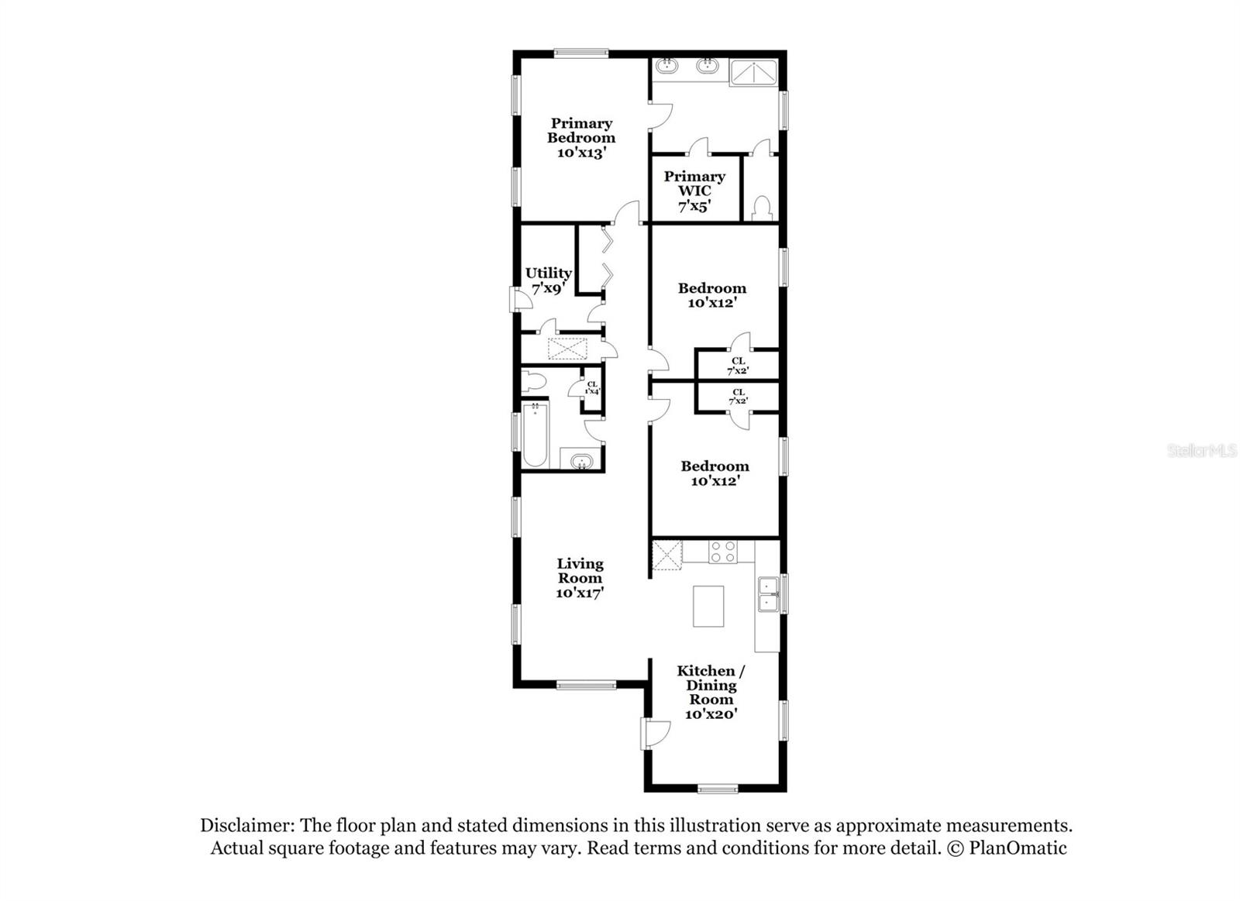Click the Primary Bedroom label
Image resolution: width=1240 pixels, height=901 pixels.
coord(581,138)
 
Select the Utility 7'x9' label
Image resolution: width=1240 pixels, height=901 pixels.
coord(549,280)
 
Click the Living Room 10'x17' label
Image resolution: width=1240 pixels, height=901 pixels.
coord(580,578)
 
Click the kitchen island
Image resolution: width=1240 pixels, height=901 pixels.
coord(708,607)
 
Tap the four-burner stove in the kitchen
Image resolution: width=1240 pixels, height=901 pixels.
coord(722,552)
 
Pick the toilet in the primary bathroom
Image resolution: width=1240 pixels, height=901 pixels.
coord(761,207)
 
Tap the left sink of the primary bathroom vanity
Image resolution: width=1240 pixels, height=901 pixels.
coord(666,67)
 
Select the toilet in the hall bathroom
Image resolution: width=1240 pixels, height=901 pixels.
coord(533,381)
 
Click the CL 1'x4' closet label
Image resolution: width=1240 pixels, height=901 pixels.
coord(592,387)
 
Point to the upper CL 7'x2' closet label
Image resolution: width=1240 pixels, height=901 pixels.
coord(738,366)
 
